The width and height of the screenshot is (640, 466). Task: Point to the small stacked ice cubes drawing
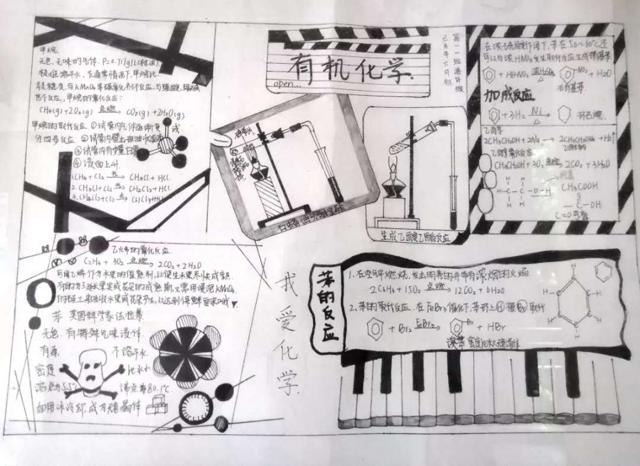[x=156, y=408]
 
